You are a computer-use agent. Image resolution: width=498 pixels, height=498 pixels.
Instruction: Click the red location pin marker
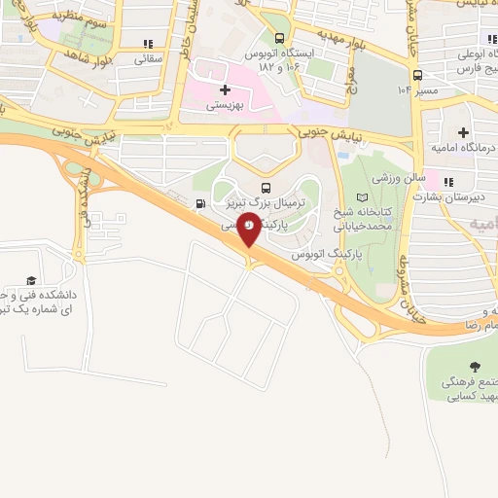250,228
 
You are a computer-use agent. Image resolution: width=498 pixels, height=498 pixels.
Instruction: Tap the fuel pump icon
200,203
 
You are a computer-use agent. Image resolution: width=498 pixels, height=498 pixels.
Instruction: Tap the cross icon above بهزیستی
226,89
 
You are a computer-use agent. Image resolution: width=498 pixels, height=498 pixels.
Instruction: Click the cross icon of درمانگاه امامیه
463,131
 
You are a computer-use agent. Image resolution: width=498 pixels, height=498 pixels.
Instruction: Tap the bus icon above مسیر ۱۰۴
416,74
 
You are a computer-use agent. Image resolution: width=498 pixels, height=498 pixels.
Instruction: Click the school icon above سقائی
148,44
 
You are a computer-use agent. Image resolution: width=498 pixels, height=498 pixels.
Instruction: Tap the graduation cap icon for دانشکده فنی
31,280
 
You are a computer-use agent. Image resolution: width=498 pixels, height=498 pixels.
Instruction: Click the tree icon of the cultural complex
475,367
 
